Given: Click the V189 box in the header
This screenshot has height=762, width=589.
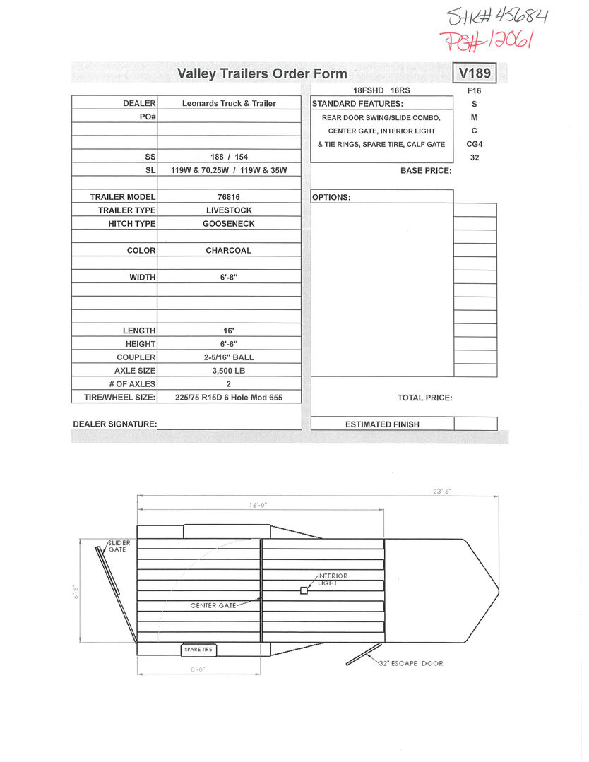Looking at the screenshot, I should (x=475, y=73).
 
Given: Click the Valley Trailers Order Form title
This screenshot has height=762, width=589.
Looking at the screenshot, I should (x=262, y=73).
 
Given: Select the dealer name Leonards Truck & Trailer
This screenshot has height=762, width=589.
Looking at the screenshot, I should (x=229, y=103).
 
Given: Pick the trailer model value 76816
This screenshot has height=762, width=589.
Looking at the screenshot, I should (x=229, y=197).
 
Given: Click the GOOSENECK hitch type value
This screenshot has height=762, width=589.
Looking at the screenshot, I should (x=229, y=224).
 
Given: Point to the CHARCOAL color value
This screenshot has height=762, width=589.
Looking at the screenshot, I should (x=229, y=251).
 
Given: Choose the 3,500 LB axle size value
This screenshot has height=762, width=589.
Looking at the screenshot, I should (x=229, y=371).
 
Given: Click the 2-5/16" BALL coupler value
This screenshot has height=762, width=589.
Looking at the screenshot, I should (x=229, y=357).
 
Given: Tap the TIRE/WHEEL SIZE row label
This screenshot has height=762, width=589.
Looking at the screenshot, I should (x=114, y=398).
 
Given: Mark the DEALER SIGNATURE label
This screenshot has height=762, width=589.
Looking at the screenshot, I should (x=114, y=424).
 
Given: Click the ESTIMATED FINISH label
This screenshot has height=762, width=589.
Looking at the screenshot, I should (x=382, y=424).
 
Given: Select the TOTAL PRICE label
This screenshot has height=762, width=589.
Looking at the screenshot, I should (x=424, y=398).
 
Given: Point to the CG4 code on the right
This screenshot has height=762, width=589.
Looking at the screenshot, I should (x=474, y=144).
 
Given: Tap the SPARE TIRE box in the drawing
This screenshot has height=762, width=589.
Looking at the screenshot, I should (x=199, y=650).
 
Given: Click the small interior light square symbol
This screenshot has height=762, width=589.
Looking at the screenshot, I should (x=304, y=590).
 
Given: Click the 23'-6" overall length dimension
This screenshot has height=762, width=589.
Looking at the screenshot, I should (x=442, y=492).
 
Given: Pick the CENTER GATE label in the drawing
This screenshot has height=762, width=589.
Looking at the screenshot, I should (x=213, y=606).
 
